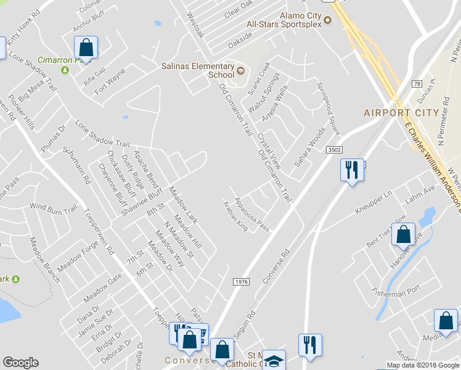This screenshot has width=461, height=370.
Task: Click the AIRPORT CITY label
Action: [401, 113]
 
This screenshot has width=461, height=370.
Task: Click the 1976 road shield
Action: [242, 281]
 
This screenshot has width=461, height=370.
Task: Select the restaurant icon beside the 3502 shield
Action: [352, 170]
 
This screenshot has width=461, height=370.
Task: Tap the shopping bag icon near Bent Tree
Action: [403, 235]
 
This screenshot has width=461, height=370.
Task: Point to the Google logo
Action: [20, 363]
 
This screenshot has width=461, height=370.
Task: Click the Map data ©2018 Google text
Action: [423, 365]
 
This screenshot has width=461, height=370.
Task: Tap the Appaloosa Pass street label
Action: [253, 215]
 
